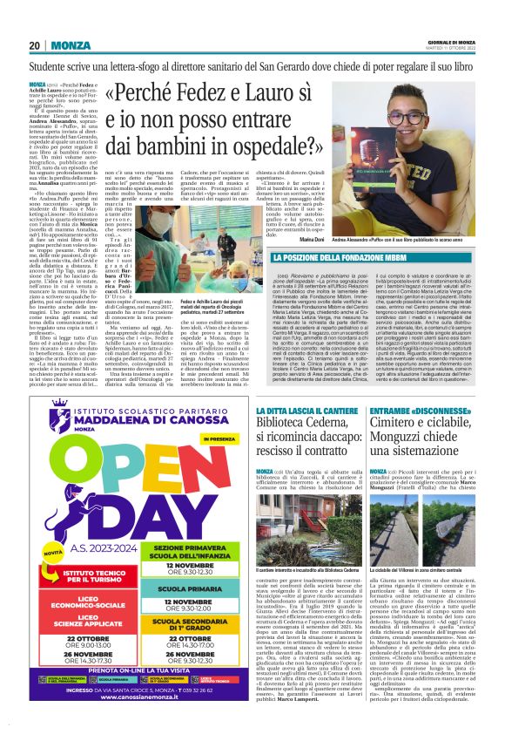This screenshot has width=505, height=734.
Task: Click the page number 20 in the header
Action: click(35, 45)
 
